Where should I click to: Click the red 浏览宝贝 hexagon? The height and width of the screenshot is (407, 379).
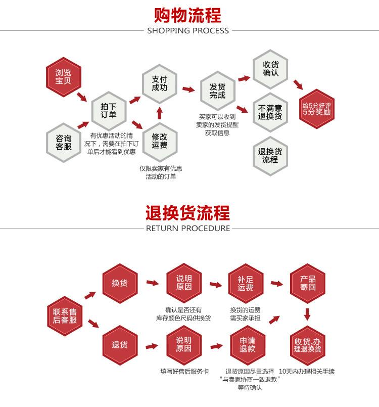coord(63,77)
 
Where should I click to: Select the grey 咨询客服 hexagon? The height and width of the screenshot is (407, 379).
coord(63,142)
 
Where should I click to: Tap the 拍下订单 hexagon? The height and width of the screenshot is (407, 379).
coord(109,110)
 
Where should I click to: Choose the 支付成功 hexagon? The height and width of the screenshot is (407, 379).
coord(159,83)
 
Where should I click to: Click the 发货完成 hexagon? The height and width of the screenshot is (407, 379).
coord(217,91)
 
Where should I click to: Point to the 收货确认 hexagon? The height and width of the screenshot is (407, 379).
coord(270,69)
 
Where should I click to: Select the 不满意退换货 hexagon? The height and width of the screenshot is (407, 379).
coord(270,112)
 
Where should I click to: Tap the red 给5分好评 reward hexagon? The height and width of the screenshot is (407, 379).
coord(316,109)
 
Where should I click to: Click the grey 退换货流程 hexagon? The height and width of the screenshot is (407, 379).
coord(270,156)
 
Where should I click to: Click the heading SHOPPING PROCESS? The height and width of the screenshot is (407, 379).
coord(188,31)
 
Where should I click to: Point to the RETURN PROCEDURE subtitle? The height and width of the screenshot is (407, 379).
coord(188,229)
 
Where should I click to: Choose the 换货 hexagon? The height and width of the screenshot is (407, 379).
coord(120,283)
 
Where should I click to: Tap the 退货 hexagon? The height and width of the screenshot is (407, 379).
coord(120,345)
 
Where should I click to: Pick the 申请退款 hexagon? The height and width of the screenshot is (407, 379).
coord(247,345)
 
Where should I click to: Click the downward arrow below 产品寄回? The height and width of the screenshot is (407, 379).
coord(307,314)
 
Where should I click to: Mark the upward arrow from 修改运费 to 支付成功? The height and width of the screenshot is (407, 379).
coord(160,112)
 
